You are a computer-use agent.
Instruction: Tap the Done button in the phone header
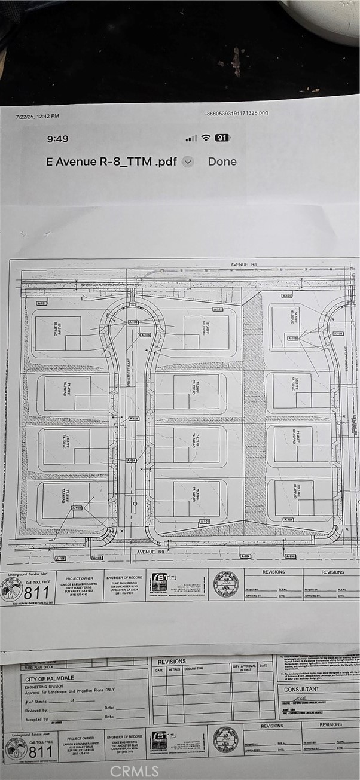pyautogui.click(x=222, y=162)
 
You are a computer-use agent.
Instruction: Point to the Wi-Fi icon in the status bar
pyautogui.click(x=206, y=138)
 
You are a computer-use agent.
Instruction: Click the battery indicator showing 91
pyautogui.click(x=222, y=138)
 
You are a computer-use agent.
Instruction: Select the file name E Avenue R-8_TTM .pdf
pyautogui.click(x=111, y=162)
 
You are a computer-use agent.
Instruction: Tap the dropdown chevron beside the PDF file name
pyautogui.click(x=188, y=162)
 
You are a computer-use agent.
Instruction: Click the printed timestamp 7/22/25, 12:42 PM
pyautogui.click(x=37, y=117)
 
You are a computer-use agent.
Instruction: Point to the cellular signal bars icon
pyautogui.click(x=191, y=139)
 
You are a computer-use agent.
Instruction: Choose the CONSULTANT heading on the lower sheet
pyautogui.click(x=301, y=689)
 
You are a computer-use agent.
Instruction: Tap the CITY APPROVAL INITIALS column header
pyautogui.click(x=244, y=668)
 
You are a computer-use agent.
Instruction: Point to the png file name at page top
pyautogui.click(x=236, y=112)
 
